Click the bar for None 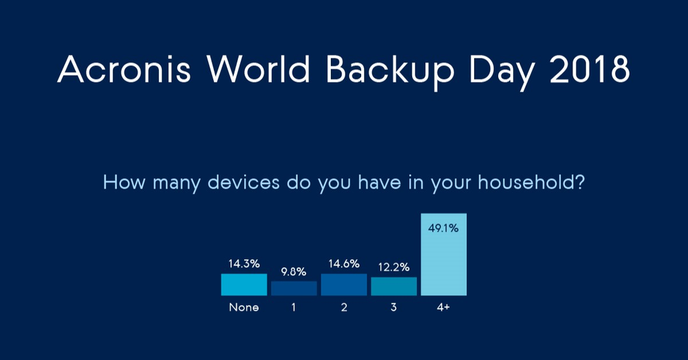(x=244, y=284)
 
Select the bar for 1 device (x=294, y=288)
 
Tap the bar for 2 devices (x=344, y=284)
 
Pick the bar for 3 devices (x=394, y=286)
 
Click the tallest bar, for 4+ (x=444, y=254)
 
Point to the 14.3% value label (x=244, y=264)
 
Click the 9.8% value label (x=294, y=272)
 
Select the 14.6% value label (x=344, y=264)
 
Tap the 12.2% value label (x=394, y=267)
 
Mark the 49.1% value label (x=443, y=228)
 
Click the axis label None (x=244, y=307)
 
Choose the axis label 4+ (x=443, y=307)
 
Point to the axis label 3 (x=394, y=307)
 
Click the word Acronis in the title (x=124, y=70)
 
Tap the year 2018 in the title (x=590, y=70)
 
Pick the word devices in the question (x=244, y=182)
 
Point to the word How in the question (x=124, y=182)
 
